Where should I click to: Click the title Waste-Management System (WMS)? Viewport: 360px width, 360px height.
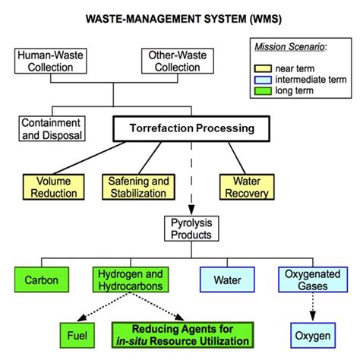[181, 16]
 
